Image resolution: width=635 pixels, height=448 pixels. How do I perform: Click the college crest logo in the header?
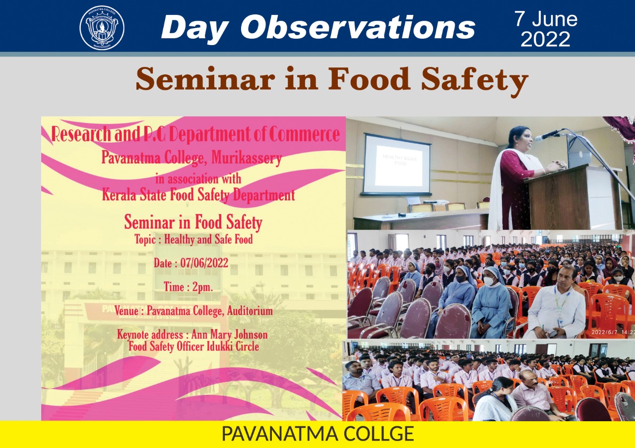coord(102,28)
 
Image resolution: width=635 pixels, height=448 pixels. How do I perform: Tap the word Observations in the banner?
coord(358,27)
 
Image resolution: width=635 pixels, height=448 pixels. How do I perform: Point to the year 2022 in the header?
coord(545,39)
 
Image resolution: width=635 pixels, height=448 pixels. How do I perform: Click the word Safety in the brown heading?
coord(474,80)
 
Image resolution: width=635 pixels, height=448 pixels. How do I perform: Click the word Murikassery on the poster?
coord(247,158)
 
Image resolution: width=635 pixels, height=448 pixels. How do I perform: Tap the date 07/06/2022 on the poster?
coord(204,263)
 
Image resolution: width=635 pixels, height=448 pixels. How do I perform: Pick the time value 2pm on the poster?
coord(202,287)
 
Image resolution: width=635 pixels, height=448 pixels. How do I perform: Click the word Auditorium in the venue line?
coord(250,311)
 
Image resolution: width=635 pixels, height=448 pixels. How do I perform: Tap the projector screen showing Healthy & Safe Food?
coord(397,165)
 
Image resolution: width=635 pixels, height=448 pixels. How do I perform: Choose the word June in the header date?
coord(555,19)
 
